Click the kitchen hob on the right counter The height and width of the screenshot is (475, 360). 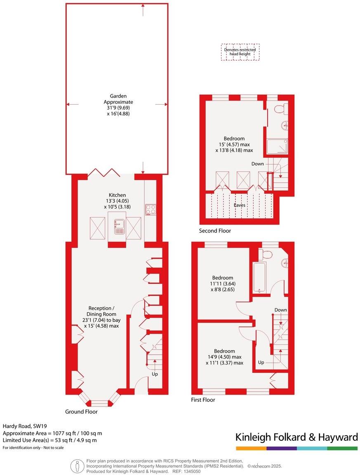150,209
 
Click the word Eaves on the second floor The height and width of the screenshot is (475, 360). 240,204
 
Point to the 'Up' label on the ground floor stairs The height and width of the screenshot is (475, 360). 155,374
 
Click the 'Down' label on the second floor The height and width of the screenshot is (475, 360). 258,164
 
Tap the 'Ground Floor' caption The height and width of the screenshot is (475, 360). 81,412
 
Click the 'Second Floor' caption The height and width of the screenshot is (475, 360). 215,231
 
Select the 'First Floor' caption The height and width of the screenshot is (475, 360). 203,400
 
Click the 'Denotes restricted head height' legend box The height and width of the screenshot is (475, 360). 240,52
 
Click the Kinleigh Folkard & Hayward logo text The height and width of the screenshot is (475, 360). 296,437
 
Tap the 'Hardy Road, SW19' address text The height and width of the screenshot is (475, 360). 23,426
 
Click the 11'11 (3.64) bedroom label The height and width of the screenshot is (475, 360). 223,283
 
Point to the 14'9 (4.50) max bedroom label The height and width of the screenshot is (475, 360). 224,357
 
